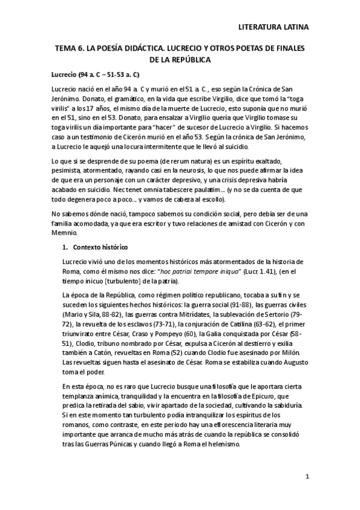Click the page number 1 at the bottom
(307, 477)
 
